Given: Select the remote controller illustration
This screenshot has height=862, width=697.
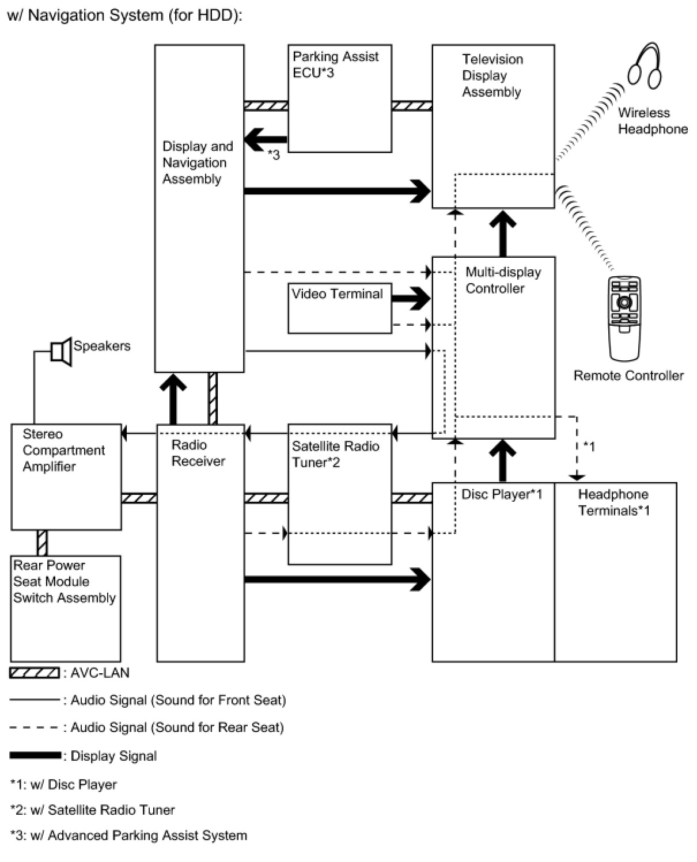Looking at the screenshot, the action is click(624, 318).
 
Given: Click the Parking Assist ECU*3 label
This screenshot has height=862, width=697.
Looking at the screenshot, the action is click(335, 64).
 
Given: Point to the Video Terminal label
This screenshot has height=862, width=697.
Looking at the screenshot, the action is click(337, 294).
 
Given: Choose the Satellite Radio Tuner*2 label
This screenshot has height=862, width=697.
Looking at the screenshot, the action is click(335, 454).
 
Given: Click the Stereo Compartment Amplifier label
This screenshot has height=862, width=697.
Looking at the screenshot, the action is click(63, 450).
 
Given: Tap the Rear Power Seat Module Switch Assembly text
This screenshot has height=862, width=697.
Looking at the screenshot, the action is click(65, 581).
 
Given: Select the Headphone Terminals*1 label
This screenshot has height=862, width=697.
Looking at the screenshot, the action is click(613, 502).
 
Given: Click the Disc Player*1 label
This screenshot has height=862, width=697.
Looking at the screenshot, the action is click(501, 494).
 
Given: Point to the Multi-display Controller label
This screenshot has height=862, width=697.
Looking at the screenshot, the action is click(503, 280).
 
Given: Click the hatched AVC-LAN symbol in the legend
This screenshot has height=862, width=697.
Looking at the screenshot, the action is click(35, 673).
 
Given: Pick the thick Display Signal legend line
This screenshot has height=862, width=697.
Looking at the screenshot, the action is click(35, 755).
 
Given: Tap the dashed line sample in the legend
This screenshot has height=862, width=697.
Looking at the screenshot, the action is click(34, 727).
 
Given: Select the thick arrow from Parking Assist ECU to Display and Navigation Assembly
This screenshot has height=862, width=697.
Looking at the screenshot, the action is click(266, 140).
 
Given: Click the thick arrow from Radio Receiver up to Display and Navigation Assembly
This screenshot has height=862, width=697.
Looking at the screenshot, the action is click(173, 399).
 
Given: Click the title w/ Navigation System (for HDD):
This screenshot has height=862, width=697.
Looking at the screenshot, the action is click(125, 16).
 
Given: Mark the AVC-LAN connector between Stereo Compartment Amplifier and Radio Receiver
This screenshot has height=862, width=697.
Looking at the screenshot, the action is click(139, 498).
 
